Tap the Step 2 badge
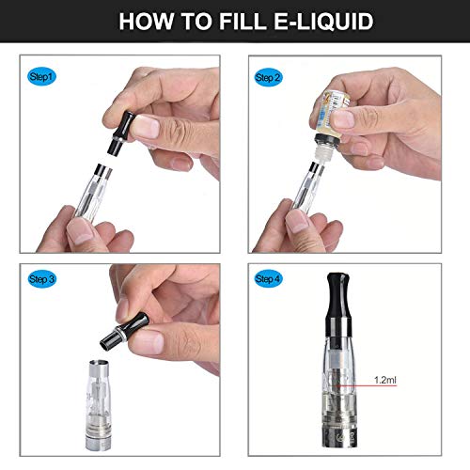pyautogui.click(x=269, y=76)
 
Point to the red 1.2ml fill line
pyautogui.click(x=362, y=385)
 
